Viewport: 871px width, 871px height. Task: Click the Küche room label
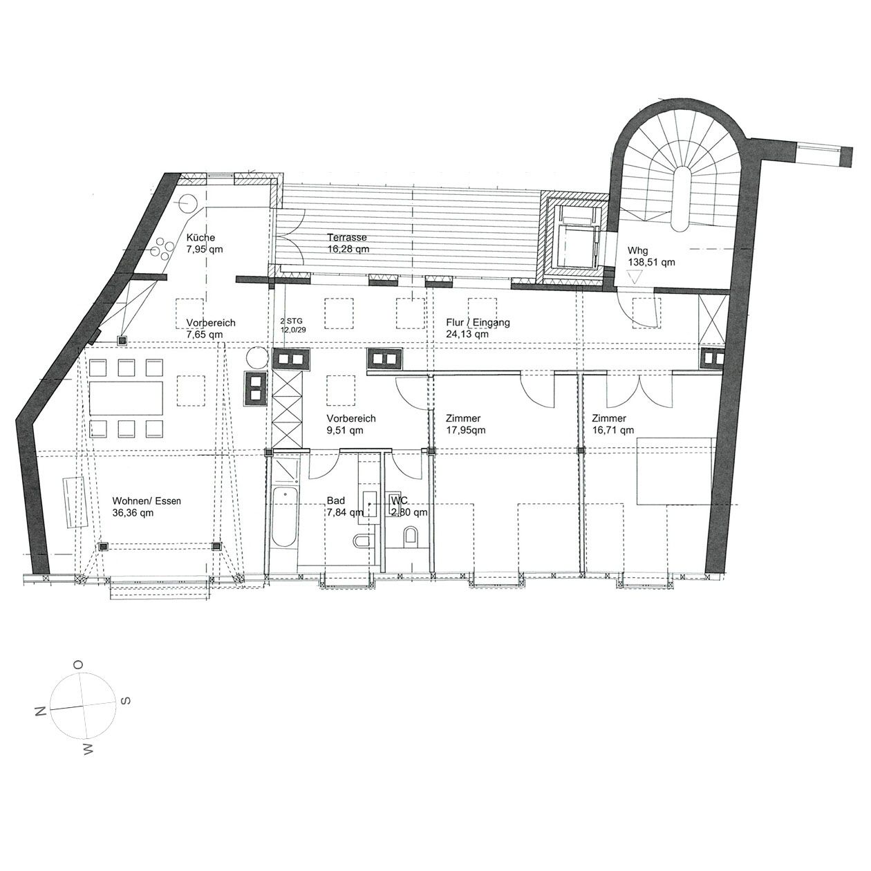point(200,237)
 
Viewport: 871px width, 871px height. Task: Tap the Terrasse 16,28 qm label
point(348,243)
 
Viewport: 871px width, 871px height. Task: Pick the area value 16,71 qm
point(612,430)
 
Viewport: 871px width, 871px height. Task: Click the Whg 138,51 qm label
point(651,256)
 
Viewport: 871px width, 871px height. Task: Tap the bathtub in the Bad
point(284,514)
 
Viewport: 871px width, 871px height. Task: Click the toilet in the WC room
point(411,537)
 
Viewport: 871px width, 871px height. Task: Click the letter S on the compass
point(125,700)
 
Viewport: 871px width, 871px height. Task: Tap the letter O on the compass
point(78,664)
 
